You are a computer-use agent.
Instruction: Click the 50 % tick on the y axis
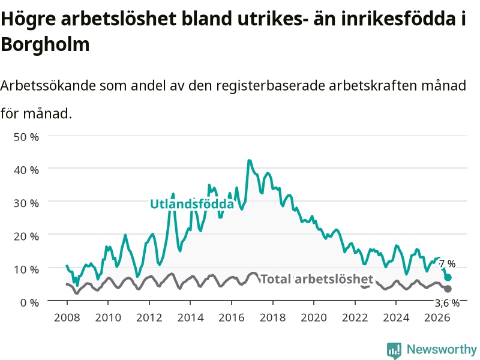[26, 137]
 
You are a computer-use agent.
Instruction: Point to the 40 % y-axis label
[26, 170]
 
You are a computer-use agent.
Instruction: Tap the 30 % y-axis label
[26, 203]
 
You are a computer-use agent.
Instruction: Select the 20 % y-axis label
[26, 236]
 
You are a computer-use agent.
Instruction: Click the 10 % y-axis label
[26, 269]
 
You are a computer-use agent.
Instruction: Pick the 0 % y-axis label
[29, 302]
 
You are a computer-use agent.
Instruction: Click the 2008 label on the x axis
[67, 317]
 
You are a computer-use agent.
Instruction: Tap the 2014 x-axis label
[190, 317]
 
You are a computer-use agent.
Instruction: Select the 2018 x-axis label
[273, 317]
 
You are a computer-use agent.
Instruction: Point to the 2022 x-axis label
[355, 317]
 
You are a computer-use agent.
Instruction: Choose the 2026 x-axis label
[437, 317]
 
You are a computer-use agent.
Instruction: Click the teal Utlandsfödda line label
[192, 204]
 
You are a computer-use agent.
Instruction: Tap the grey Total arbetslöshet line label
[317, 279]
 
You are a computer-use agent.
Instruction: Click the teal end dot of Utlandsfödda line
[448, 277]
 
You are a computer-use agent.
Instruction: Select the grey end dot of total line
[448, 289]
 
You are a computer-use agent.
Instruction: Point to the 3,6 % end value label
[447, 303]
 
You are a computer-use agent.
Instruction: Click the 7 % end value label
[447, 263]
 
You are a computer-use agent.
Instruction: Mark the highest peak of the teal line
[249, 160]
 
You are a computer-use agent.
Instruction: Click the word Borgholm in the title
[46, 44]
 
